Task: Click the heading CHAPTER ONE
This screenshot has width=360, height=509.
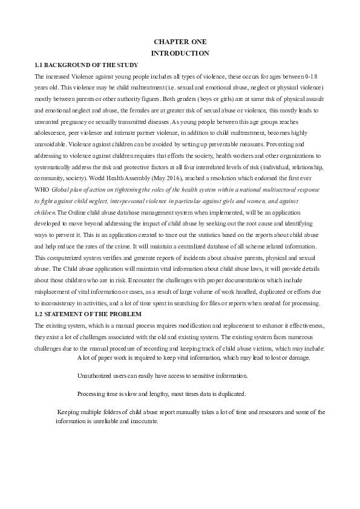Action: [180, 42]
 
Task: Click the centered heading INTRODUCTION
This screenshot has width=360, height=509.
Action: [180, 53]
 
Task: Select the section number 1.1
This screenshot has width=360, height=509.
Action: [39, 65]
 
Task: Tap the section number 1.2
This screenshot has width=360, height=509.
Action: [39, 314]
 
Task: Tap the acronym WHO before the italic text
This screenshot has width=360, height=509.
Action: [42, 189]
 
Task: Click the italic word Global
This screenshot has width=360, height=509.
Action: [61, 189]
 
